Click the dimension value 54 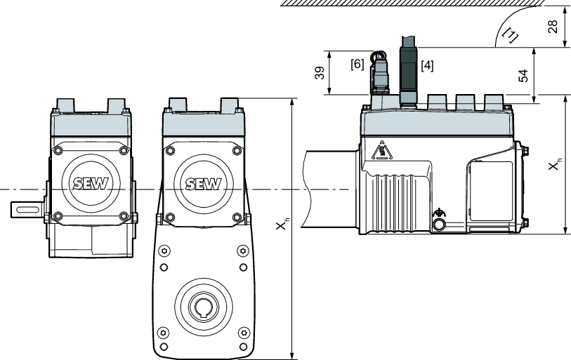coord(523,75)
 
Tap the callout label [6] coord(357,63)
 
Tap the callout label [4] coord(427,66)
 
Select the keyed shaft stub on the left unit coord(26,210)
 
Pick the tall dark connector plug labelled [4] coord(409,70)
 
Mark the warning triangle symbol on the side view coord(381,151)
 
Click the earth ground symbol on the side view coord(440,212)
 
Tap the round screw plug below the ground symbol coord(440,225)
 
